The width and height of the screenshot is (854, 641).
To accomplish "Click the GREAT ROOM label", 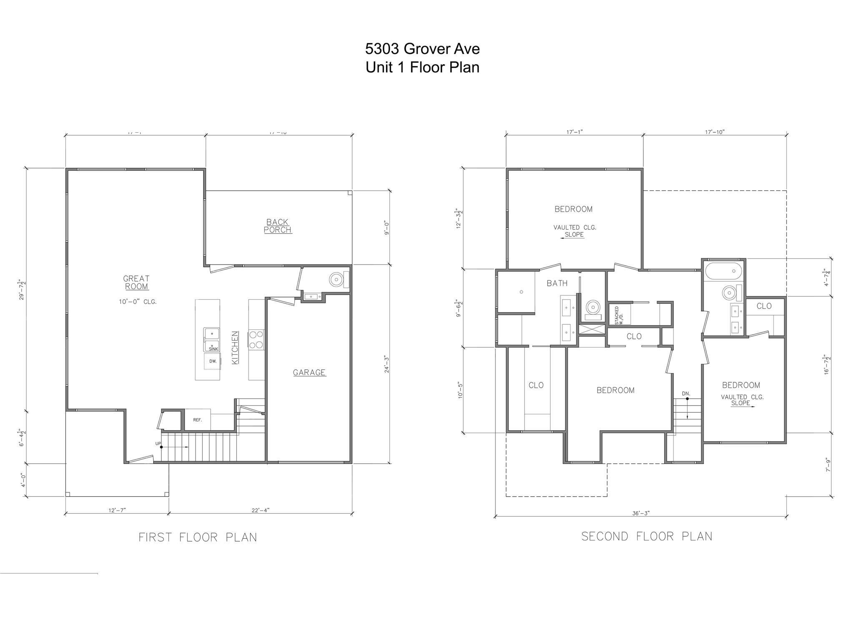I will pyautogui.click(x=136, y=283).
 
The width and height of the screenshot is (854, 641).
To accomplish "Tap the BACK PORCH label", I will pyautogui.click(x=278, y=226).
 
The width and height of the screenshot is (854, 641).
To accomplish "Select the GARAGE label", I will pyautogui.click(x=309, y=373).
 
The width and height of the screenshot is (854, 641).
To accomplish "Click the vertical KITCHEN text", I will pyautogui.click(x=235, y=347).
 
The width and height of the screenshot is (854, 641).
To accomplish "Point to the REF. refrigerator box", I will pyautogui.click(x=197, y=420).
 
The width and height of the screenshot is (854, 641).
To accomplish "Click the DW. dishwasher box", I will pyautogui.click(x=212, y=361).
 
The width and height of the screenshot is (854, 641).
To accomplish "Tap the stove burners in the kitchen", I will pyautogui.click(x=256, y=339).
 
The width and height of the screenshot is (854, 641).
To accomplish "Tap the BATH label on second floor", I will pyautogui.click(x=557, y=283).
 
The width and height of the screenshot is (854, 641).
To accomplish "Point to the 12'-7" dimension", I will pyautogui.click(x=117, y=510).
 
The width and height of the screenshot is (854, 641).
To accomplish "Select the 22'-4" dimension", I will pyautogui.click(x=261, y=510).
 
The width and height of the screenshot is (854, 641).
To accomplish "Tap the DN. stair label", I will pyautogui.click(x=686, y=394).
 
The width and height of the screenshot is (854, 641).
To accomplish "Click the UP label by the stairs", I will pyautogui.click(x=158, y=444).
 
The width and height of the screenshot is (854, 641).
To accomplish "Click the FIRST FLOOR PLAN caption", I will pyautogui.click(x=198, y=537).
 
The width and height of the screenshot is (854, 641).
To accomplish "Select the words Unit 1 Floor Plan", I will pyautogui.click(x=422, y=67).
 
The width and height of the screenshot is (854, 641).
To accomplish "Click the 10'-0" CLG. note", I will pyautogui.click(x=138, y=302).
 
